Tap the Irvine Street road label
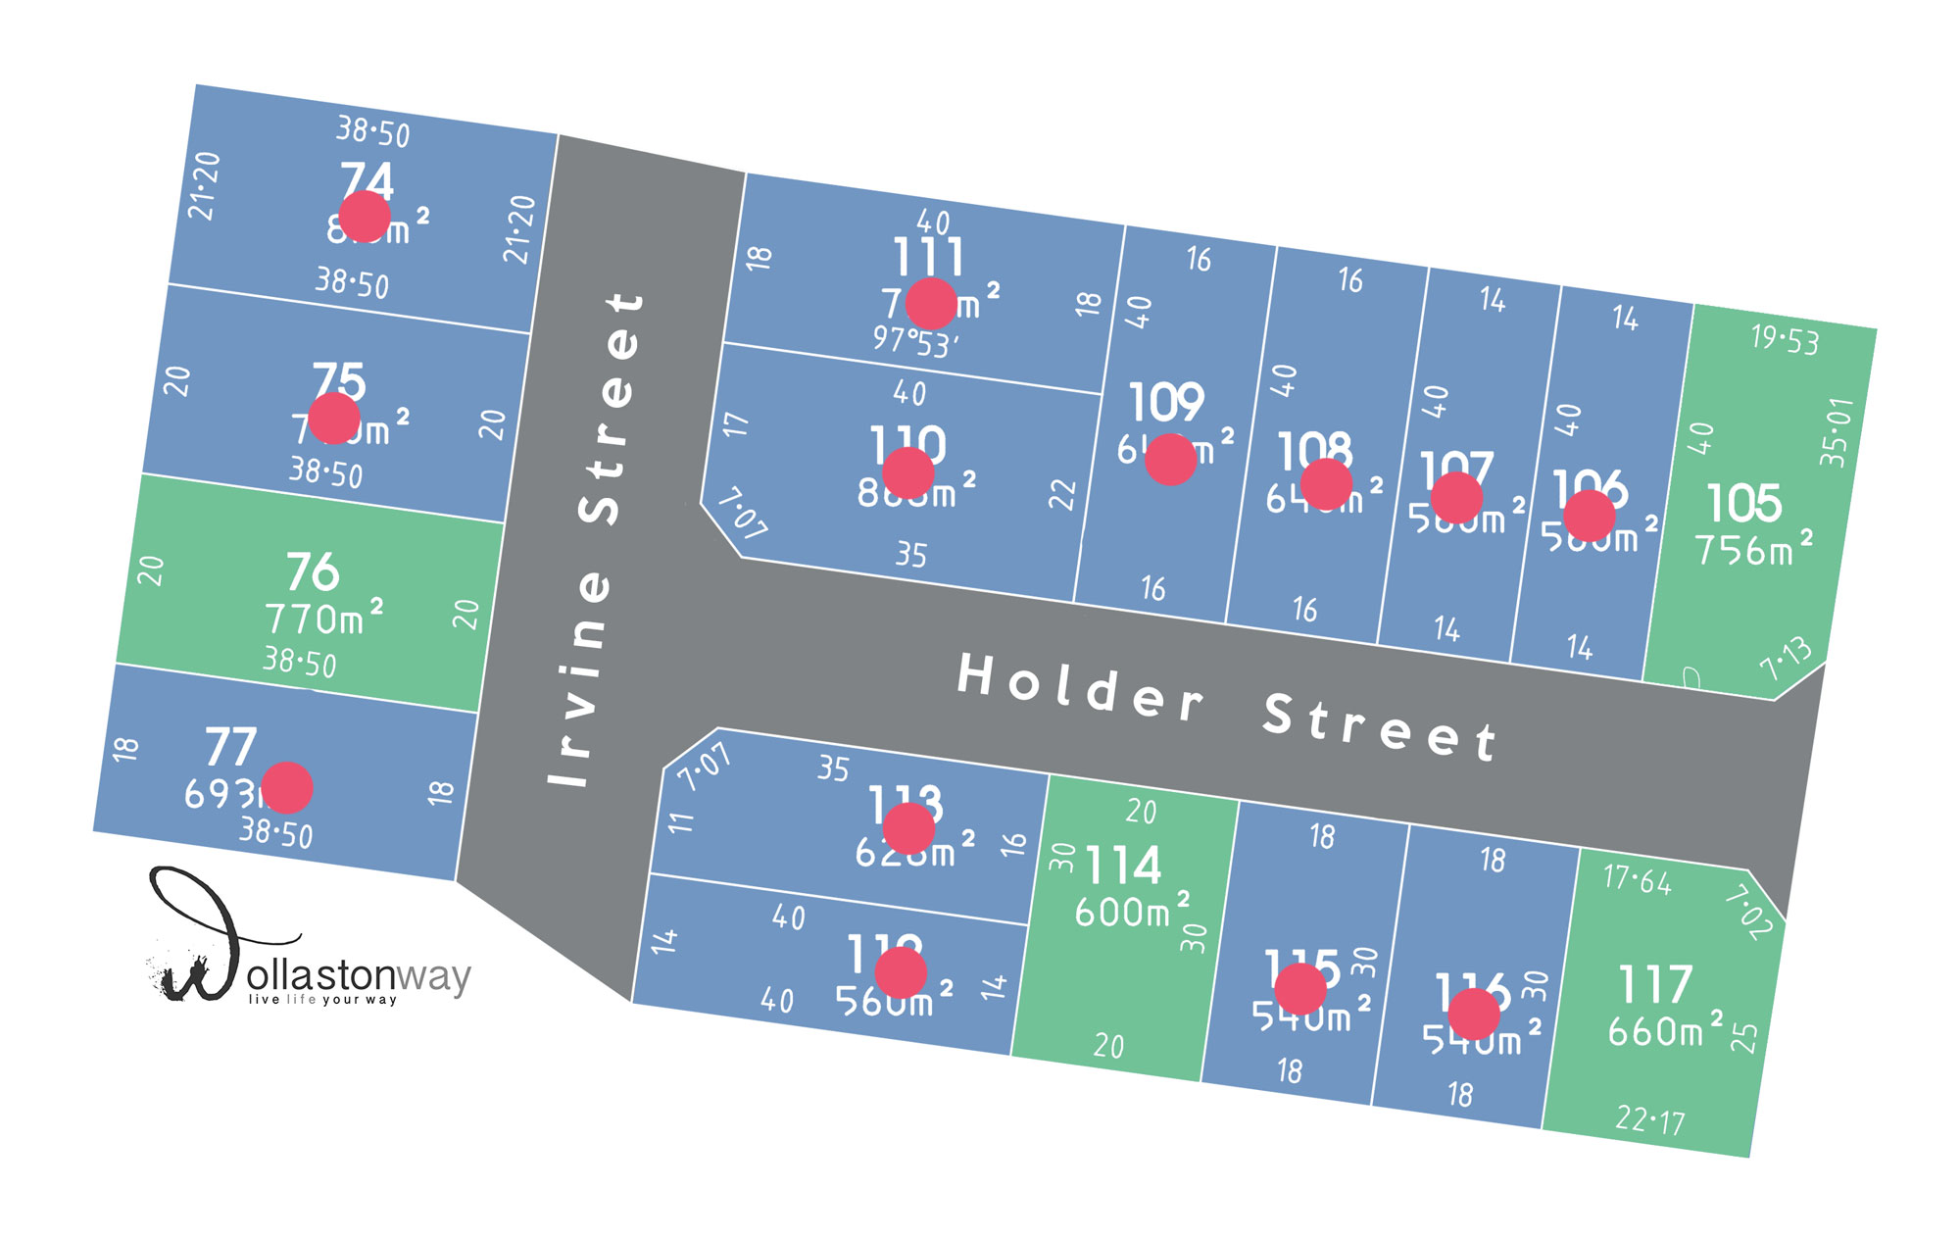596,539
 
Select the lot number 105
1744,504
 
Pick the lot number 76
313,571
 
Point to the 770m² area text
323,619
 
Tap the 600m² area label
1132,912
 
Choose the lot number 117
1655,985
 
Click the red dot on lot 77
287,788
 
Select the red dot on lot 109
1170,460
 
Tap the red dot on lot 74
365,217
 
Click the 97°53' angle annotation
915,342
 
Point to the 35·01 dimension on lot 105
1837,432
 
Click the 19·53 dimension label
1785,340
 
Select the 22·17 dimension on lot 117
1650,1119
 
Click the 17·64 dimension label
1637,879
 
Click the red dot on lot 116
1474,1015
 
